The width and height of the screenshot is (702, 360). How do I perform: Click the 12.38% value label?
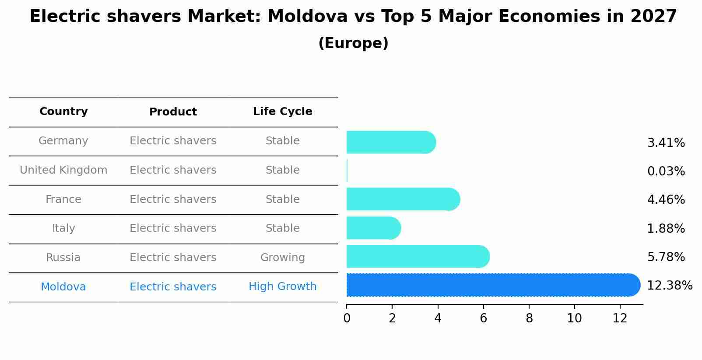[x=669, y=286]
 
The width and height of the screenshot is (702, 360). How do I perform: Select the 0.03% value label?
[x=666, y=171]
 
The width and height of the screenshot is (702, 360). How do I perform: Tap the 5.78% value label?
[x=666, y=257]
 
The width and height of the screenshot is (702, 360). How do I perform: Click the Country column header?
[x=63, y=112]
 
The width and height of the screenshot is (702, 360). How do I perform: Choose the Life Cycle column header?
[x=282, y=112]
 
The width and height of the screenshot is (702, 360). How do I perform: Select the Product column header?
[x=173, y=112]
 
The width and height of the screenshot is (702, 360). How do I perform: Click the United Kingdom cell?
[x=63, y=170]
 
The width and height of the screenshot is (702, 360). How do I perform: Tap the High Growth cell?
[x=282, y=287]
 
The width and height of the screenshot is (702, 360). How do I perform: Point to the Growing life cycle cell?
[x=282, y=258]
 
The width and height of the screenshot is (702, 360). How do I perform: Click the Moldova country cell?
[x=63, y=287]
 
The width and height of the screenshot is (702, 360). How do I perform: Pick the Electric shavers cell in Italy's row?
[x=173, y=228]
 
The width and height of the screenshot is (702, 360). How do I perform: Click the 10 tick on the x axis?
[x=574, y=318]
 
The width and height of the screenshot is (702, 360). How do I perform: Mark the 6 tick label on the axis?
[x=483, y=318]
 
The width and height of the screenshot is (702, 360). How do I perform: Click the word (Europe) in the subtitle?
[x=353, y=43]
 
